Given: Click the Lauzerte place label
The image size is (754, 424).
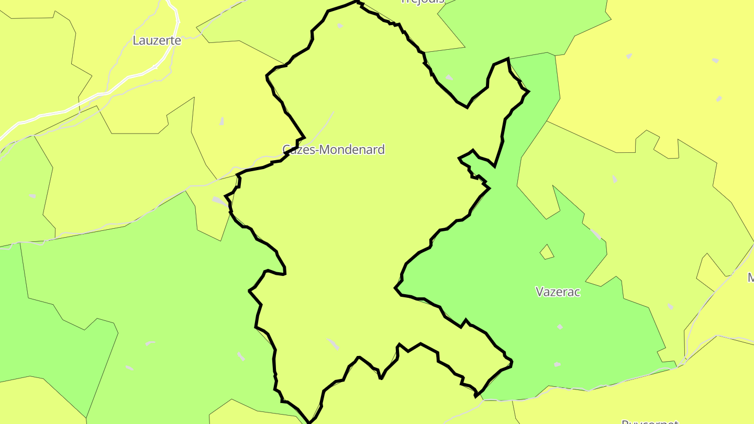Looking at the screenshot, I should pos(157,40).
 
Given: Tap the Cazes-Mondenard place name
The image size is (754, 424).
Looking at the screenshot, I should pos(334,150).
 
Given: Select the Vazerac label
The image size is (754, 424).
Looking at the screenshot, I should pos(558,292).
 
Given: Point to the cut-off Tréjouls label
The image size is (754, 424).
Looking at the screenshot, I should pos(422,2).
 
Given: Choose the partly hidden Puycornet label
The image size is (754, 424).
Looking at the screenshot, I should pos(643,421).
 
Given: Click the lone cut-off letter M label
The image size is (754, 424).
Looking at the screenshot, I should pos(750,277).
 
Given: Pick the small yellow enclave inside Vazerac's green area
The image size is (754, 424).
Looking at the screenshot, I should pos(547,252).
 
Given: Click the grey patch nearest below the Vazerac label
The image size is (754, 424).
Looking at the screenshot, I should pos(560,327).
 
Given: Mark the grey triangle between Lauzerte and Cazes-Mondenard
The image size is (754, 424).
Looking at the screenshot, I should pos(221,121).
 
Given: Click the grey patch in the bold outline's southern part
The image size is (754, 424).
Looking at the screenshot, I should pos(333,344).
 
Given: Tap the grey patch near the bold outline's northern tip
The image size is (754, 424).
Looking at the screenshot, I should pos(340,25).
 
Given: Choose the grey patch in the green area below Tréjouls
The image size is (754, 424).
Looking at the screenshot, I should pos(449,77).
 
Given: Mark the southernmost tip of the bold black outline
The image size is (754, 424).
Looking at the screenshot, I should pos(309,422).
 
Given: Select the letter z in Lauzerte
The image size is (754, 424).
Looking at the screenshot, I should pos(154,41).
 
